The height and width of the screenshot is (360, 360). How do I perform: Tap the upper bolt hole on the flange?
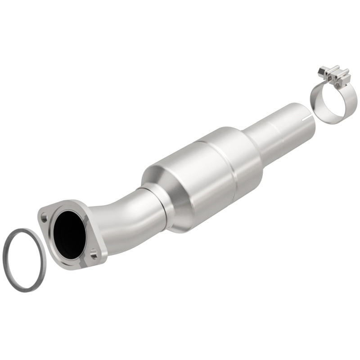[44, 217]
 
